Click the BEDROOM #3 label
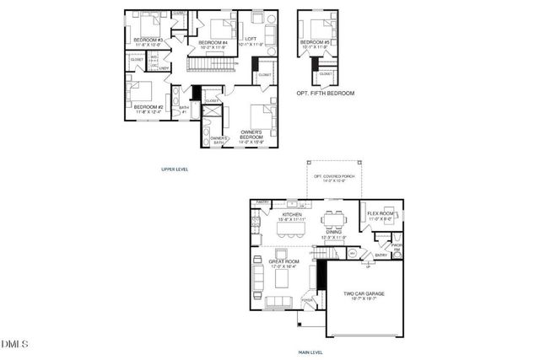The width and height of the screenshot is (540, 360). [x=148, y=39]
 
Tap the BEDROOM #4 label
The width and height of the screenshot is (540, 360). [x=213, y=42]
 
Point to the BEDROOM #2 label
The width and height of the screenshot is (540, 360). [x=148, y=107]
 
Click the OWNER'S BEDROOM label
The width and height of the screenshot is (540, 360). [x=253, y=134]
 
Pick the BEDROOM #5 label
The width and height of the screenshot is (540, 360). [x=316, y=42]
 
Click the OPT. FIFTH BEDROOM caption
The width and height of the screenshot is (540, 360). [x=326, y=93]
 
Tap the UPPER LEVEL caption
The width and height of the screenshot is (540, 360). [x=175, y=169]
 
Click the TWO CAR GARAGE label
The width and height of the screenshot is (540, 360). [x=364, y=294]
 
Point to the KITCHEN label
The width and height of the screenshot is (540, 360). [x=291, y=216]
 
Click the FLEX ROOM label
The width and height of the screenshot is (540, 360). [x=381, y=214]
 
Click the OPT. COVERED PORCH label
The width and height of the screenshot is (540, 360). [x=335, y=178]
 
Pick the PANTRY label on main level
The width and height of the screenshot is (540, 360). [x=263, y=202]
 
